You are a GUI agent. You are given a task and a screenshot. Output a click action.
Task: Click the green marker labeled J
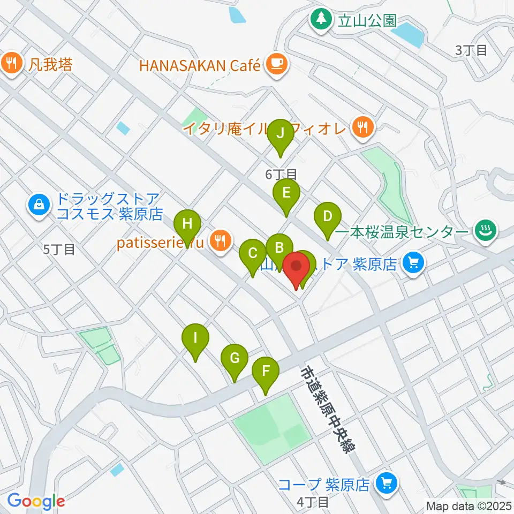click(x=280, y=134)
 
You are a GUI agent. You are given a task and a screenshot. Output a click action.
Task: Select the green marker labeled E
click(x=286, y=193)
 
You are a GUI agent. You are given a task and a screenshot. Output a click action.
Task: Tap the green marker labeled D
click(x=327, y=217)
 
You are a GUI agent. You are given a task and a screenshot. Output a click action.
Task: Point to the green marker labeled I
click(x=195, y=339)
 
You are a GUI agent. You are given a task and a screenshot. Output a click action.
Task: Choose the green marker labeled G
click(x=235, y=358)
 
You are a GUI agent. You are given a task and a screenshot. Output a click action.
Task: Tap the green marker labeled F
click(x=266, y=371)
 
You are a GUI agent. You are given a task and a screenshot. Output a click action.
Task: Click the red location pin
click(x=296, y=267)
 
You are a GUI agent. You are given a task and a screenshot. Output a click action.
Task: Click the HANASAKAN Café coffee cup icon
click(x=276, y=65)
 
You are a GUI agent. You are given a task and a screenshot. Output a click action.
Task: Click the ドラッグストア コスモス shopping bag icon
click(x=39, y=203)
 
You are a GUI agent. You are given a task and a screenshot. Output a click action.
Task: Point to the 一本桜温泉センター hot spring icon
click(x=486, y=231)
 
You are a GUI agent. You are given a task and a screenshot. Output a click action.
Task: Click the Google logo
click(x=36, y=502)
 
